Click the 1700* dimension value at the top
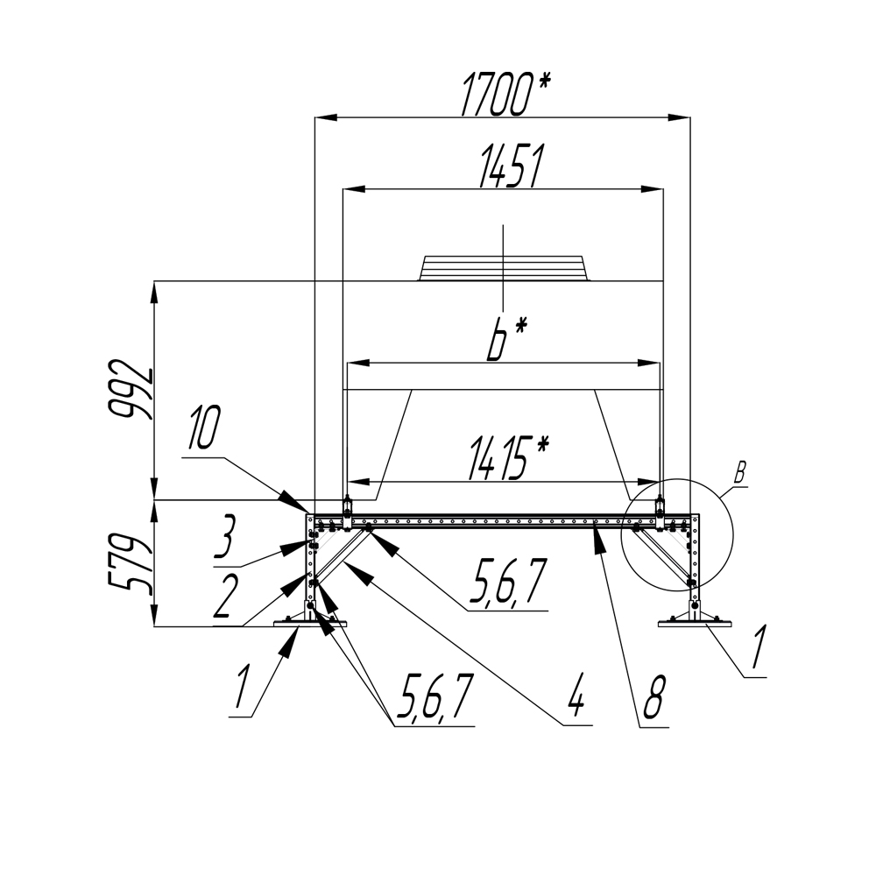point(505,94)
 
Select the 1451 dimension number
point(511,166)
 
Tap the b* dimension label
point(505,339)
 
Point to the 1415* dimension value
point(508,459)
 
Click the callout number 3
point(224,537)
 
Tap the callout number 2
point(223,596)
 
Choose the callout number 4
point(576,697)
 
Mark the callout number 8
point(653,697)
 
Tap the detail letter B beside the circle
point(739,473)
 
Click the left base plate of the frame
point(309,624)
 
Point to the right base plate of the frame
point(695,624)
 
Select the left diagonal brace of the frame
point(339,555)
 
